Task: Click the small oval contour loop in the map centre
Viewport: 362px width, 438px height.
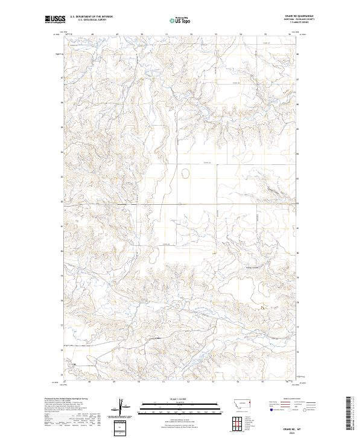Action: [x=185, y=175]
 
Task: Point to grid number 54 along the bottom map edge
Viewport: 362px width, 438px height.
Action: [x=238, y=382]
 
